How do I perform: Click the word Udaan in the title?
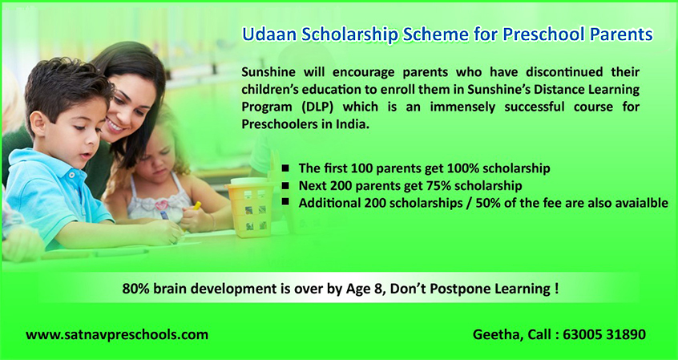pyautogui.click(x=269, y=34)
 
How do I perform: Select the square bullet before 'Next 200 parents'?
pyautogui.click(x=285, y=186)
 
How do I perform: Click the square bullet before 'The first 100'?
pyautogui.click(x=285, y=168)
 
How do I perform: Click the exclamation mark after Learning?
pyautogui.click(x=555, y=288)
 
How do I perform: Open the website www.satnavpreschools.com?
pyautogui.click(x=117, y=334)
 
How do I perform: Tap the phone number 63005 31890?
pyautogui.click(x=604, y=334)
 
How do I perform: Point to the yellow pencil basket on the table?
pyautogui.click(x=250, y=206)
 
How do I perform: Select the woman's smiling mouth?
pyautogui.click(x=115, y=127)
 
